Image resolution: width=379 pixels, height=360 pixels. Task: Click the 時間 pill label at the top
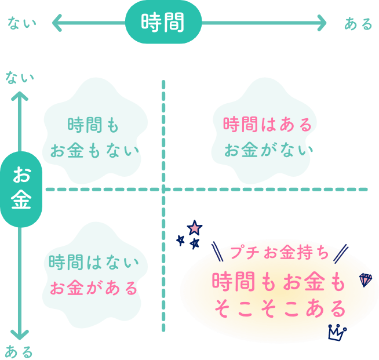pos(163,23)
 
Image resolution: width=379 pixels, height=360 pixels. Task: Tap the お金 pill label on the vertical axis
pos(21,188)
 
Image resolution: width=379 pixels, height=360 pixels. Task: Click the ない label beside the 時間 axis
pos(22,23)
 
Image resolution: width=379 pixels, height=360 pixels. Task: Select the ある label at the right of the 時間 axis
pos(358,24)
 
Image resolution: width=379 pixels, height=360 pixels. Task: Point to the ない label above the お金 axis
pos(20,77)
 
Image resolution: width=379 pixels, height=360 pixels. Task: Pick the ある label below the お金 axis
pos(19,351)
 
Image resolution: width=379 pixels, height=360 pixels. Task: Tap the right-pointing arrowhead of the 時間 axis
pos(322,23)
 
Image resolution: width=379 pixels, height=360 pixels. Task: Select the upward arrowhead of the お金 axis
pos(21,96)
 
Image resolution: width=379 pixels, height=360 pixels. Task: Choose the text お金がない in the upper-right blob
pos(268,150)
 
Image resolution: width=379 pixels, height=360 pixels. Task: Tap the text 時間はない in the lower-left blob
pos(94,262)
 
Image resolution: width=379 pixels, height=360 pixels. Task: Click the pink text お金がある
pos(94,288)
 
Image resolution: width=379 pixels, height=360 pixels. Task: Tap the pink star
pos(195,227)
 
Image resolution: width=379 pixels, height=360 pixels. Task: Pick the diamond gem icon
pos(366,279)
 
